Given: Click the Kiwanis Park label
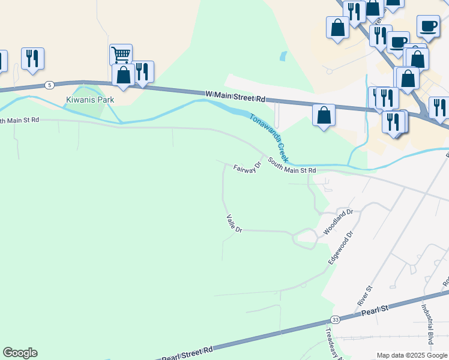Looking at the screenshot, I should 89,100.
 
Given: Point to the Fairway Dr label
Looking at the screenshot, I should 247,168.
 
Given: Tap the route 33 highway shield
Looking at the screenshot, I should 335,319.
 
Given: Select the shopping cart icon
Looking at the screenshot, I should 121,55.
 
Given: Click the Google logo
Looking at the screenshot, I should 20,353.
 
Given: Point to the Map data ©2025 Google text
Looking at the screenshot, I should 411,355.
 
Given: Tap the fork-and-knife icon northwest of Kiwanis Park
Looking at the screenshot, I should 32,58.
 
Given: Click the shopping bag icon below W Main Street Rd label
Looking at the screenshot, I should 324,115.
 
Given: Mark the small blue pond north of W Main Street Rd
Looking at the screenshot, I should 282,56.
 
